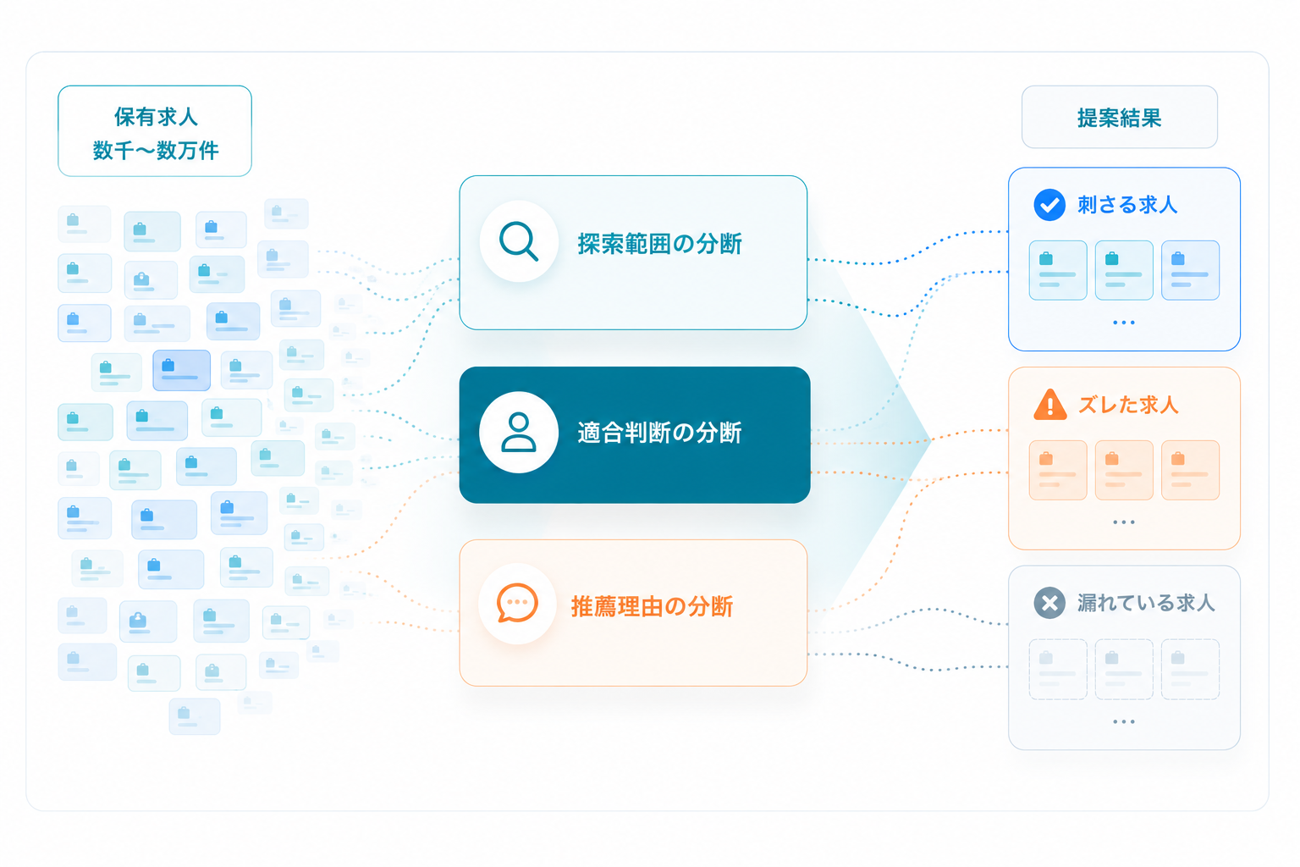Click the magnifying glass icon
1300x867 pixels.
click(x=518, y=241)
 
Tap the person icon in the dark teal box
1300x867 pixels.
click(x=518, y=432)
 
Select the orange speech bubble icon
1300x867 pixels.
click(x=517, y=603)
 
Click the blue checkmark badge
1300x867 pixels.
click(x=1049, y=204)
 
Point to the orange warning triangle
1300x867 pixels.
click(x=1049, y=404)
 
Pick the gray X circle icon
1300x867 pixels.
click(x=1049, y=603)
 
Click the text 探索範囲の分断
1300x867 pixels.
click(x=660, y=244)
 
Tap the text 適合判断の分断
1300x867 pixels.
click(x=660, y=433)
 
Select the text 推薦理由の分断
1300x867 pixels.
click(x=653, y=607)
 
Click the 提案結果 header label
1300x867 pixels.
click(x=1120, y=118)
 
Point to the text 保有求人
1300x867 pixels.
click(x=156, y=117)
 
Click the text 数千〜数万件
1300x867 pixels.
click(x=156, y=151)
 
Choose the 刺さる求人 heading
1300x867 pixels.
click(x=1127, y=205)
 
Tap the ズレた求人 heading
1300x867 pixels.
click(x=1128, y=405)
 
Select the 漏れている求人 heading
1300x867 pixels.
click(x=1146, y=603)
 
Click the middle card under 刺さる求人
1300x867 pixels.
click(x=1124, y=270)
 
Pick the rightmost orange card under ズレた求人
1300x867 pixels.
click(x=1190, y=470)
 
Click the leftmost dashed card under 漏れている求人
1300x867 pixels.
click(x=1058, y=669)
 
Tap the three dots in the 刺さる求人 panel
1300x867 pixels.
click(x=1124, y=323)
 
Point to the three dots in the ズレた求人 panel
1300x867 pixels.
click(x=1124, y=522)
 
